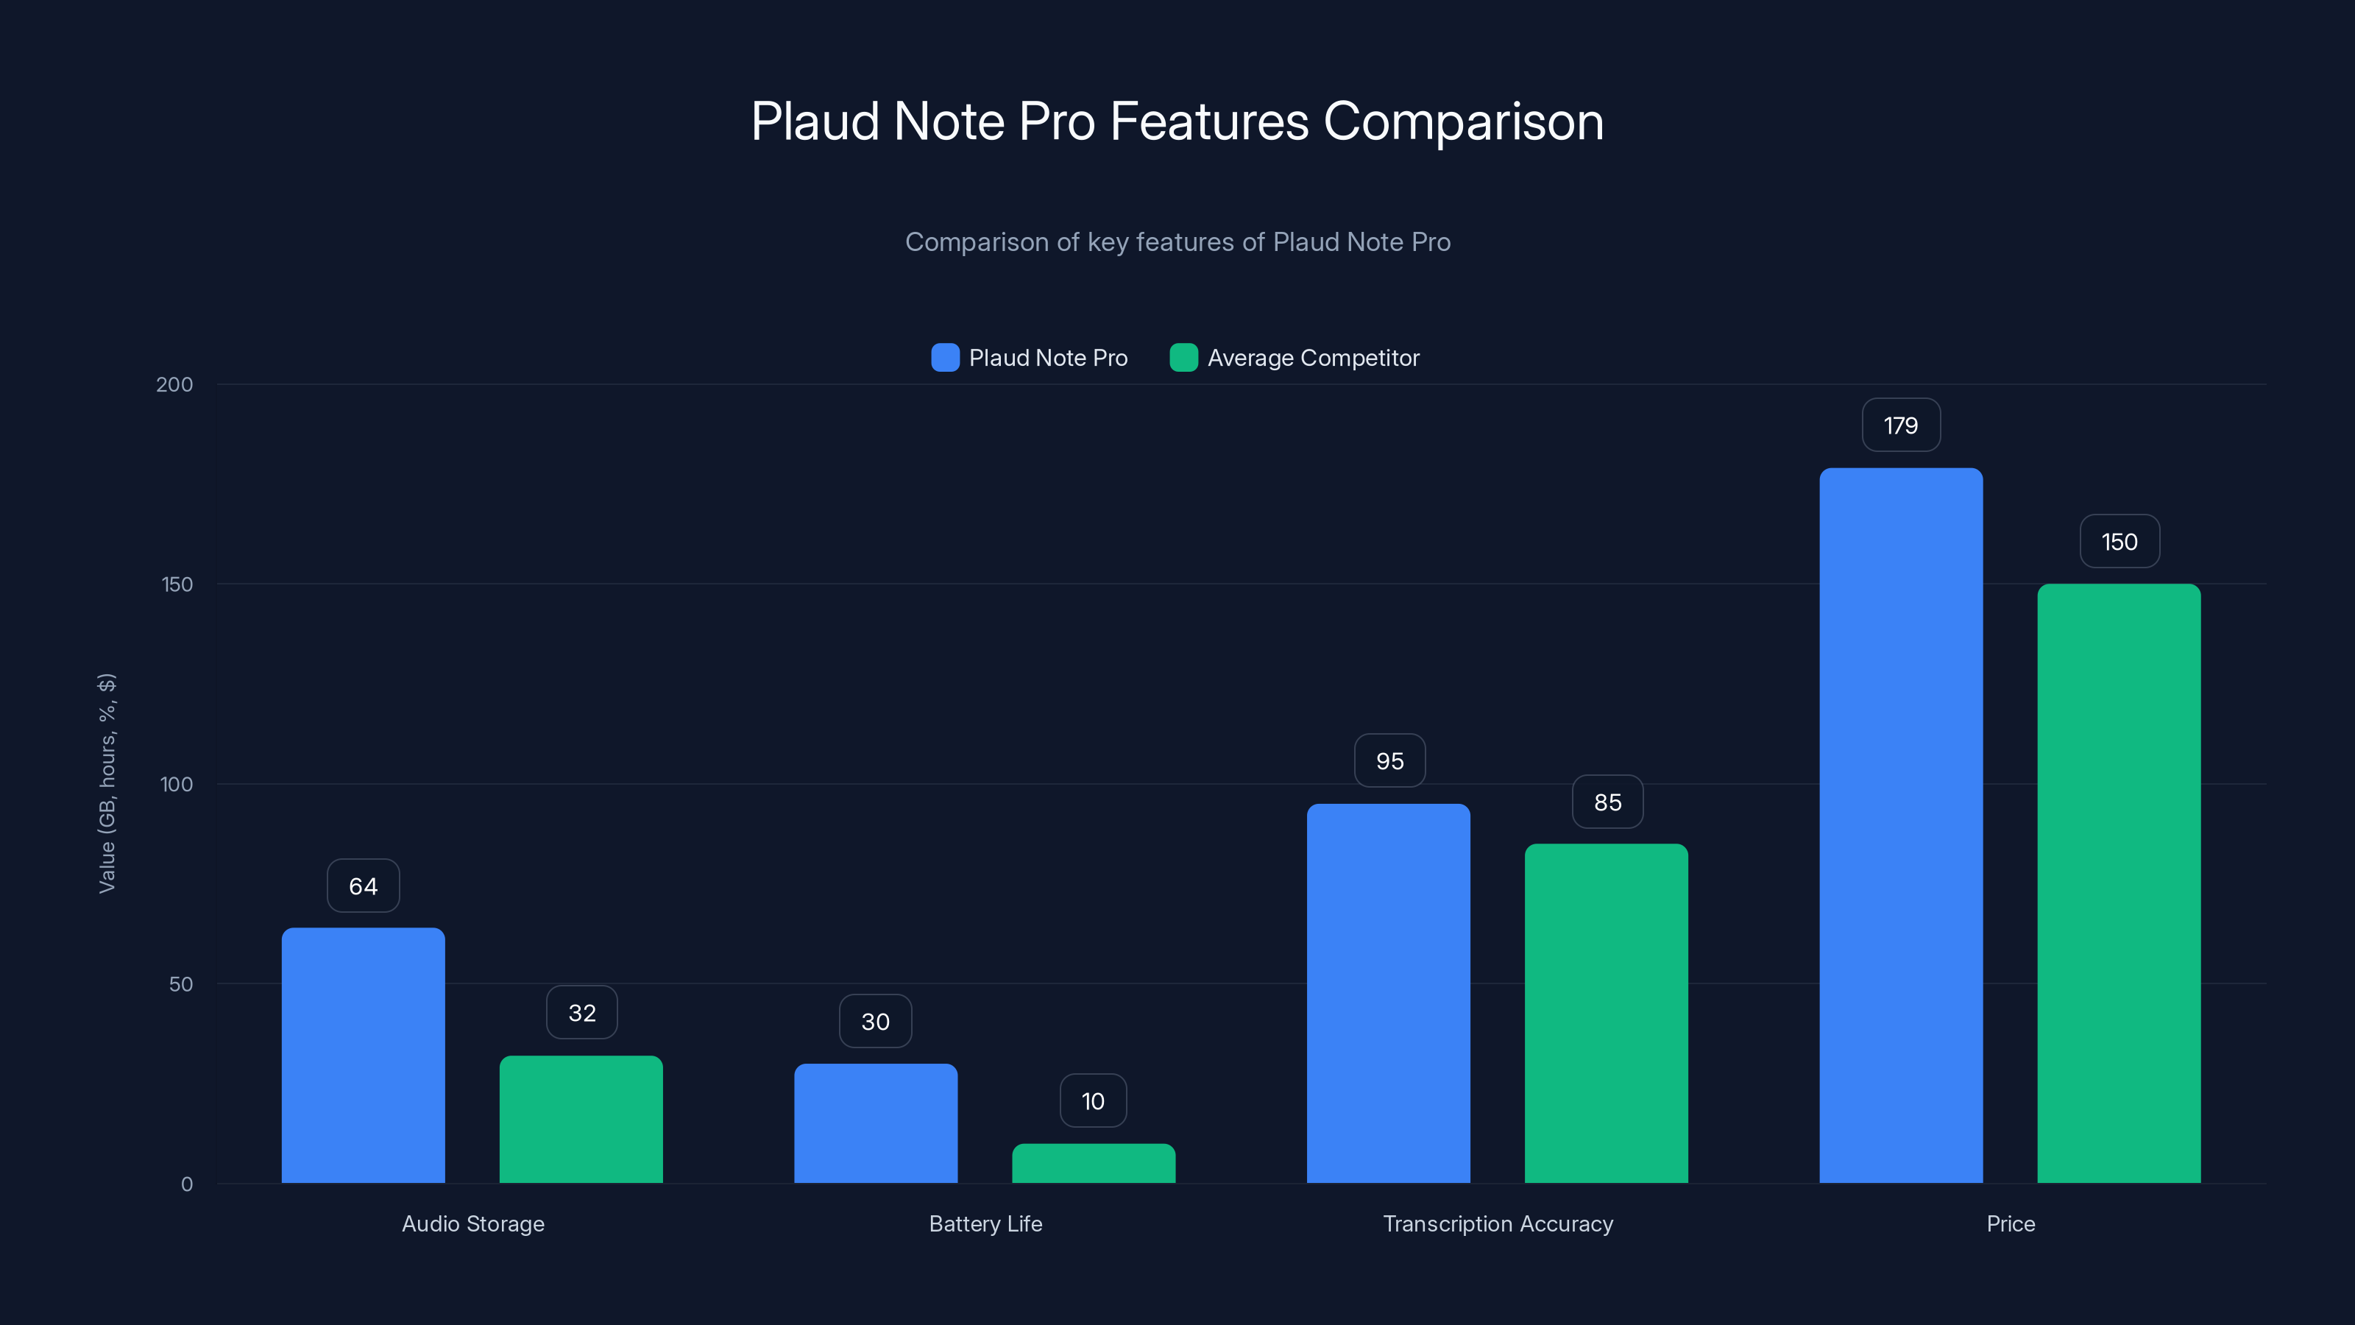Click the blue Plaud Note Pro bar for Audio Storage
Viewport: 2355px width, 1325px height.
point(363,1056)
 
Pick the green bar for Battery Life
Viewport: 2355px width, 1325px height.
point(1094,1163)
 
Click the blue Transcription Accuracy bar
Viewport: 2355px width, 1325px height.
point(1389,993)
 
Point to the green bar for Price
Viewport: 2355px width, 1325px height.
point(2119,883)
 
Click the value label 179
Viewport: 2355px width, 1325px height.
point(1901,425)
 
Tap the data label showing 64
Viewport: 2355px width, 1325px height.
point(363,886)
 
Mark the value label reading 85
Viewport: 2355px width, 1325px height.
point(1607,802)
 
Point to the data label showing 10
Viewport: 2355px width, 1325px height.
point(1094,1101)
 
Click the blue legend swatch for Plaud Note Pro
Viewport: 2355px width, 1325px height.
point(944,358)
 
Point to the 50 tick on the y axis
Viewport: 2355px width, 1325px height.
point(181,984)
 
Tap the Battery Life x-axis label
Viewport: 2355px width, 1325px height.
point(985,1223)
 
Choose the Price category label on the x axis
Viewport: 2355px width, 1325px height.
point(2011,1223)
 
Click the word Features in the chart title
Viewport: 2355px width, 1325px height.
point(1208,121)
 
